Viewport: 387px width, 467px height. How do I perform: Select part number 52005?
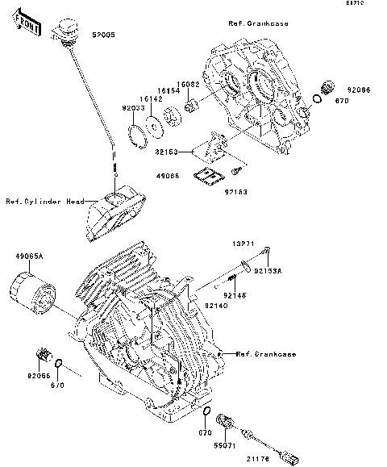point(102,36)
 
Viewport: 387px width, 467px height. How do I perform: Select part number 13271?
point(245,241)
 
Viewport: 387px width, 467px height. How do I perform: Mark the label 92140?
point(215,306)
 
